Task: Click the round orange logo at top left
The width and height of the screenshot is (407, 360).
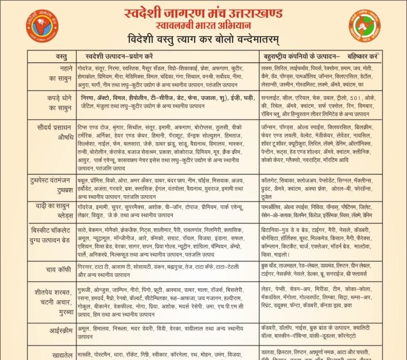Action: pyautogui.click(x=42, y=23)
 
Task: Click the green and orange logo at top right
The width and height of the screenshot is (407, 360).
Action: pyautogui.click(x=364, y=23)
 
